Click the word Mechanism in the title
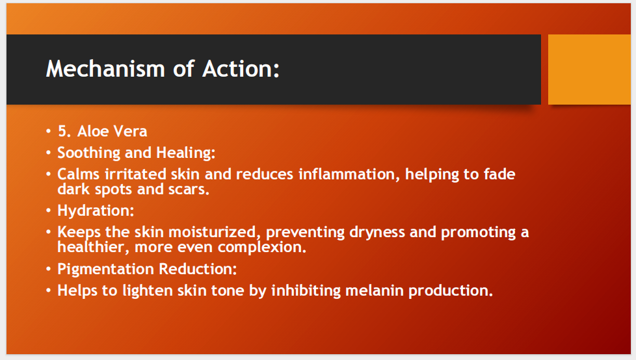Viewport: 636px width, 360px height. point(105,68)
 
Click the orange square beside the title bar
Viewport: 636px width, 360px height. point(589,70)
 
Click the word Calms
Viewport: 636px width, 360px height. point(79,174)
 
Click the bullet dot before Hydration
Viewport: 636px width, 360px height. point(49,211)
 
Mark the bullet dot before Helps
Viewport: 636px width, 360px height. point(49,290)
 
